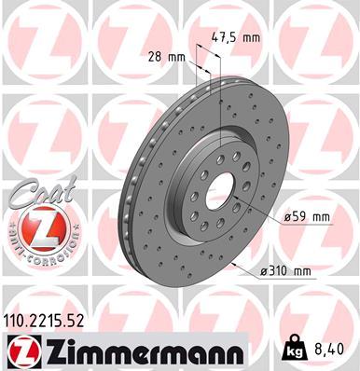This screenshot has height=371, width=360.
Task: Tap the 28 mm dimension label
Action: (x=166, y=56)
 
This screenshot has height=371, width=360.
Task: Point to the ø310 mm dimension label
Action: (x=286, y=272)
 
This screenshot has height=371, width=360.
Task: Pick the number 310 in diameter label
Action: (x=283, y=272)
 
